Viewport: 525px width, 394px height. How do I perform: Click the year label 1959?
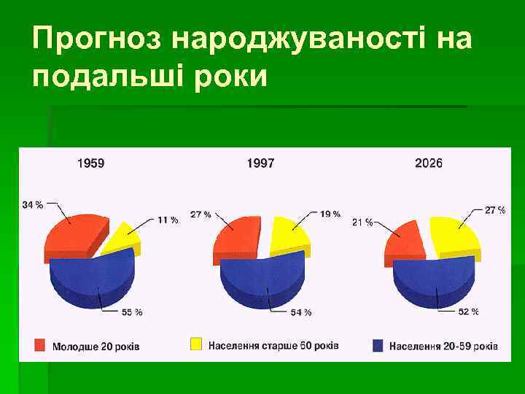90,163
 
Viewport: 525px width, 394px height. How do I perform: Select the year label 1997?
260,163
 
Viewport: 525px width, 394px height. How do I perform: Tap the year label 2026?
428,163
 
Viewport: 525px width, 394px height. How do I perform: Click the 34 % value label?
32,205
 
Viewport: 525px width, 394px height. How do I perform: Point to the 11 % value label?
167,220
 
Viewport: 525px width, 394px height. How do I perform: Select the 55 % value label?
132,312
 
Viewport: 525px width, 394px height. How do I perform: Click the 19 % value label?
330,214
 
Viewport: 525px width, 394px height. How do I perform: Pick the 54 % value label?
301,312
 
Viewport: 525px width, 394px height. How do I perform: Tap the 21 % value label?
362,222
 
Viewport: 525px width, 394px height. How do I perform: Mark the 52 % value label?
468,312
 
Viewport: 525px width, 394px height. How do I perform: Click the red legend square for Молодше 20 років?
39,344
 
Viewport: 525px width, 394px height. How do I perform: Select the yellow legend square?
195,344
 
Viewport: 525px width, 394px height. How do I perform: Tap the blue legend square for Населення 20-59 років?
378,344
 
